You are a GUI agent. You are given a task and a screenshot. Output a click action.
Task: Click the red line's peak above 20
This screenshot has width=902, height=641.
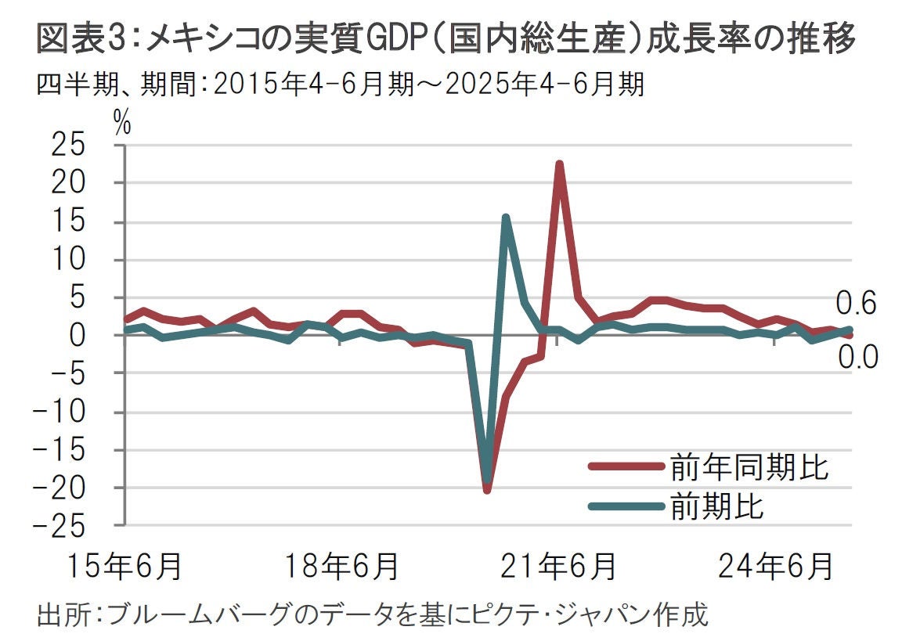point(559,164)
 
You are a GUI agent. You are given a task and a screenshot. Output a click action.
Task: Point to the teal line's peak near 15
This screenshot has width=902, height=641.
point(506,218)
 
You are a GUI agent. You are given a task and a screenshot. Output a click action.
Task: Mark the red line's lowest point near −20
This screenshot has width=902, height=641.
point(487,490)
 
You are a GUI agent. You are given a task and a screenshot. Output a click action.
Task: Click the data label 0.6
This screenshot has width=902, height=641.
point(856,303)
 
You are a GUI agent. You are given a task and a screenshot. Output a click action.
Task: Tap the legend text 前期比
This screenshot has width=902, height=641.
point(716,506)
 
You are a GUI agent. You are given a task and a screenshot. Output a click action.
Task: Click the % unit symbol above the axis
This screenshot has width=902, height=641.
point(122,123)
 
